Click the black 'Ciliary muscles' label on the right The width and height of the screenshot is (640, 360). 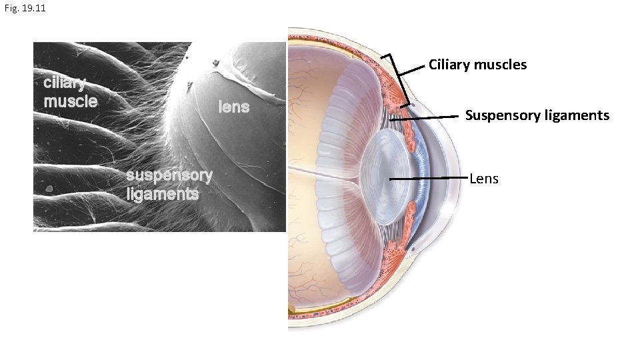click(x=477, y=65)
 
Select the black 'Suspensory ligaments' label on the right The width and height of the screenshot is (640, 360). click(x=537, y=115)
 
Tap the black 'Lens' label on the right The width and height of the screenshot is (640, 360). click(x=484, y=179)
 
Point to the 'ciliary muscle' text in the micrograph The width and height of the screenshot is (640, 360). click(x=70, y=92)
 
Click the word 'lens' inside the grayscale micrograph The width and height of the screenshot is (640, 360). click(x=233, y=107)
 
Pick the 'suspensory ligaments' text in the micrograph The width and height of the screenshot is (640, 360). click(x=169, y=185)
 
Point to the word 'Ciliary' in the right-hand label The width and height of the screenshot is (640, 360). click(x=449, y=65)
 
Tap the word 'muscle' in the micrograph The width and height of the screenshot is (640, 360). click(x=70, y=101)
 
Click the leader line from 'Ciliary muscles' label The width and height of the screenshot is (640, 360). click(x=416, y=68)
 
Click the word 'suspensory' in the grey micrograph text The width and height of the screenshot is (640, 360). click(x=169, y=176)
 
